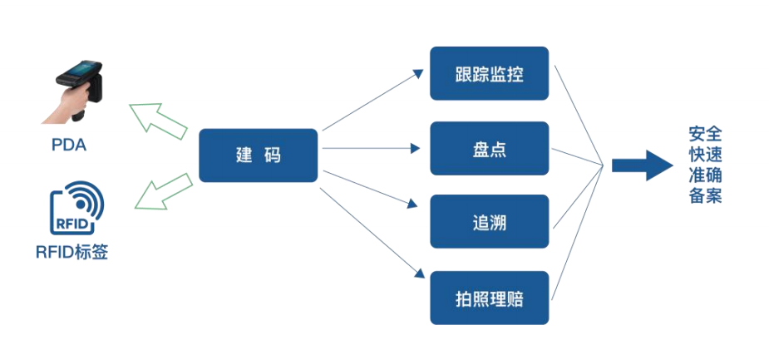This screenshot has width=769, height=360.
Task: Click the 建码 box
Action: (258, 155)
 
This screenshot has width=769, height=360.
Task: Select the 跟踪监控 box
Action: (489, 73)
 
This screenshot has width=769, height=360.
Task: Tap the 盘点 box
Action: (489, 149)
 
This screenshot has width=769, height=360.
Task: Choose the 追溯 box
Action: (489, 222)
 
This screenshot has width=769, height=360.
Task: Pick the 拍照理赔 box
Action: (489, 298)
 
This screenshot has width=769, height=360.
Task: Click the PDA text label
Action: (69, 145)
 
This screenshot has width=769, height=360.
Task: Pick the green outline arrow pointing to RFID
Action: (162, 194)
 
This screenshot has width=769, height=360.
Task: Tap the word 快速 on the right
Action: (705, 155)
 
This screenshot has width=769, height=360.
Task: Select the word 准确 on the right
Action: (705, 175)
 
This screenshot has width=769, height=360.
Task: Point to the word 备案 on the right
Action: (705, 196)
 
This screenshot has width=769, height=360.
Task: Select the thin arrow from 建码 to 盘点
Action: (370, 150)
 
